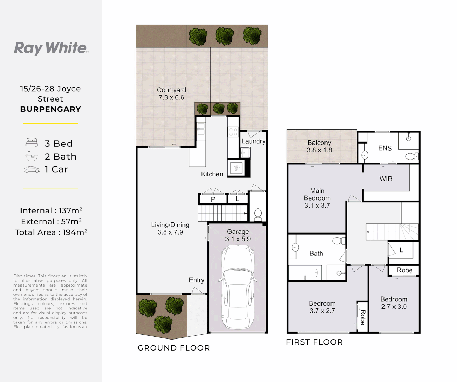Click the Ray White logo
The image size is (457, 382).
tap(51, 48)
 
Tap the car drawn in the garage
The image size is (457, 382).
tap(238, 287)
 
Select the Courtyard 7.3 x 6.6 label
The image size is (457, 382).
tap(171, 93)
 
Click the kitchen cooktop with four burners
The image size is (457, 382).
tap(233, 132)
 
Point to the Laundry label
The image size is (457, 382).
tap(253, 141)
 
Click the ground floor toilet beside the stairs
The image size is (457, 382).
tap(258, 214)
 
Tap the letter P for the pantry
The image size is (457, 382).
tap(213, 199)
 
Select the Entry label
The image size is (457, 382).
tap(197, 280)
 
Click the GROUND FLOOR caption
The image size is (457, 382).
tap(174, 348)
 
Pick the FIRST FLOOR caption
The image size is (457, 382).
tap(314, 342)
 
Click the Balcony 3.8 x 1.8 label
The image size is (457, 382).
tap(319, 146)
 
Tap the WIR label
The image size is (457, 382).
tap(386, 179)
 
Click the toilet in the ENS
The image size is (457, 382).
tap(412, 156)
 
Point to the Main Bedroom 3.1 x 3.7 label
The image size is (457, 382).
tap(317, 198)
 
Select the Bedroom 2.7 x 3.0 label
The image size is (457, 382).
tap(394, 303)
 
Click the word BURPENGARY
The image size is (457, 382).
tap(51, 109)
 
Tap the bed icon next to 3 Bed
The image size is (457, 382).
tap(32, 143)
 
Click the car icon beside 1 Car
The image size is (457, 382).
tap(32, 169)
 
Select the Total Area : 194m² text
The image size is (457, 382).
tap(51, 232)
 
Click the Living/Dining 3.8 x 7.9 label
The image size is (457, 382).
tap(170, 228)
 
